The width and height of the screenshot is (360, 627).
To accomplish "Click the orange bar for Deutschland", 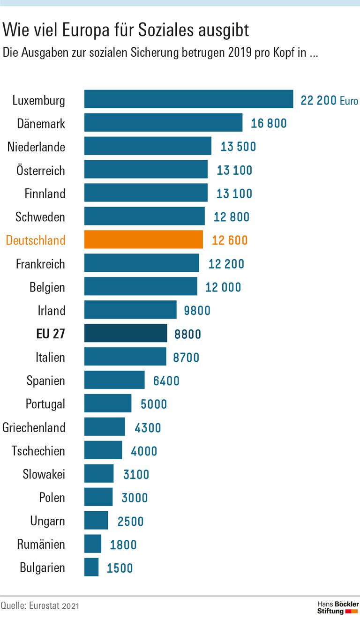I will click(143, 240).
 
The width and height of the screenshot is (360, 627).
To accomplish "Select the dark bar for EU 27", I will click(126, 333).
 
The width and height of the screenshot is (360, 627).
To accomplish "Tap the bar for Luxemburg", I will click(188, 99).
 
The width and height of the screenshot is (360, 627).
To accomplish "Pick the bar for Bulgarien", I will click(91, 567).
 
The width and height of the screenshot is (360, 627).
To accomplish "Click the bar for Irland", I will click(130, 310).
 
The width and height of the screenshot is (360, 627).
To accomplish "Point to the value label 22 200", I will click(318, 100).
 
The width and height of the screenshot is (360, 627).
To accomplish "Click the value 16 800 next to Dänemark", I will click(269, 123).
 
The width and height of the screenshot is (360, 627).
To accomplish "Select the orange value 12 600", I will click(230, 240).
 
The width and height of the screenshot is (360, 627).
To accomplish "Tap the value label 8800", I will click(187, 334).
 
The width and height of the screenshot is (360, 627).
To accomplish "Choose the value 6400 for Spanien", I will click(166, 381).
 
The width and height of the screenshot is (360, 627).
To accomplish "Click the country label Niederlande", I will click(36, 147).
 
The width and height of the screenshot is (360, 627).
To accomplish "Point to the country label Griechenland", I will click(34, 427).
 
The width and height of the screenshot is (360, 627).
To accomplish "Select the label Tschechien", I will click(38, 451).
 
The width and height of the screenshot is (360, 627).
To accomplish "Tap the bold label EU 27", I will click(51, 334).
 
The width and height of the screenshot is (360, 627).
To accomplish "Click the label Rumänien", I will click(41, 545).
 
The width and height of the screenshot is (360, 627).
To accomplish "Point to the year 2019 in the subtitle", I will click(240, 52).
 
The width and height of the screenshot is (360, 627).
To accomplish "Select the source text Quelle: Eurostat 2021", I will click(40, 606).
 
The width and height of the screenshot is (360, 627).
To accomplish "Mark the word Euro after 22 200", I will click(349, 101).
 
